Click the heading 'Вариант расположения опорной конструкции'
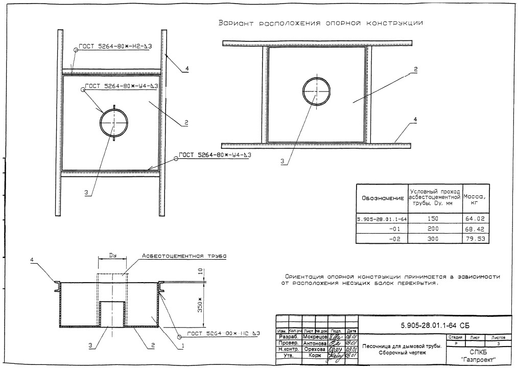click(x=320, y=23)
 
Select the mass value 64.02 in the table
click(x=475, y=219)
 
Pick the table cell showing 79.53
click(x=475, y=239)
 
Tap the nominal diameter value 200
click(x=435, y=229)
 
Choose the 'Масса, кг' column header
click(x=475, y=198)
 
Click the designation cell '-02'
click(x=394, y=239)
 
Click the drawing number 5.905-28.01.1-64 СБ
click(x=435, y=325)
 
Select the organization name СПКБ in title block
click(x=479, y=352)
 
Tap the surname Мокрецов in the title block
click(x=313, y=337)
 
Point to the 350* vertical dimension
click(x=200, y=305)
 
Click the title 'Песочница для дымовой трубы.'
click(x=402, y=346)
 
